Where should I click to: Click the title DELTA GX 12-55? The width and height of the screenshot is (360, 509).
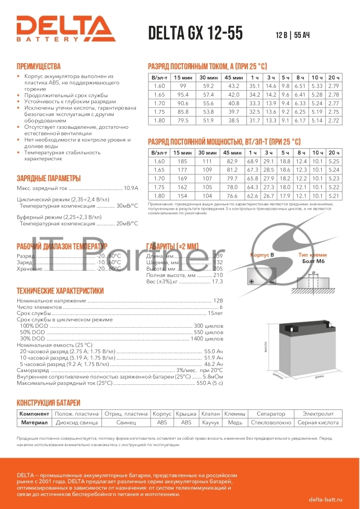point(195,33)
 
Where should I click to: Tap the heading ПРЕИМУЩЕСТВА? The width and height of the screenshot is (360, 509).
point(39,66)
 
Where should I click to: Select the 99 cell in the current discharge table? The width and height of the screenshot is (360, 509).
point(183,86)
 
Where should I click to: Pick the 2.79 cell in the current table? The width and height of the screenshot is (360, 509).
point(334,86)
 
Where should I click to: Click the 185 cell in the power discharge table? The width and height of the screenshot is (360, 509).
point(183,161)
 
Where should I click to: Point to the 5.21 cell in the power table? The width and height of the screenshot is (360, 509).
point(334,196)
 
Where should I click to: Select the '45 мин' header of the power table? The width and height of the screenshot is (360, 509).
point(233,153)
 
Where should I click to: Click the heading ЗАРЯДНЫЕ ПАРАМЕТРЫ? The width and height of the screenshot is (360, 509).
point(49,178)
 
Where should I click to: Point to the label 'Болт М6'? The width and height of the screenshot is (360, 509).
point(313,261)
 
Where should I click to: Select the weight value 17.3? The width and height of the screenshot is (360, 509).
point(217,281)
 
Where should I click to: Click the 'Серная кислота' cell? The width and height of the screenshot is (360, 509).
point(318,422)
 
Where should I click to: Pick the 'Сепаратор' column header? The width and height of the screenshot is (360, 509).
point(271,414)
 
